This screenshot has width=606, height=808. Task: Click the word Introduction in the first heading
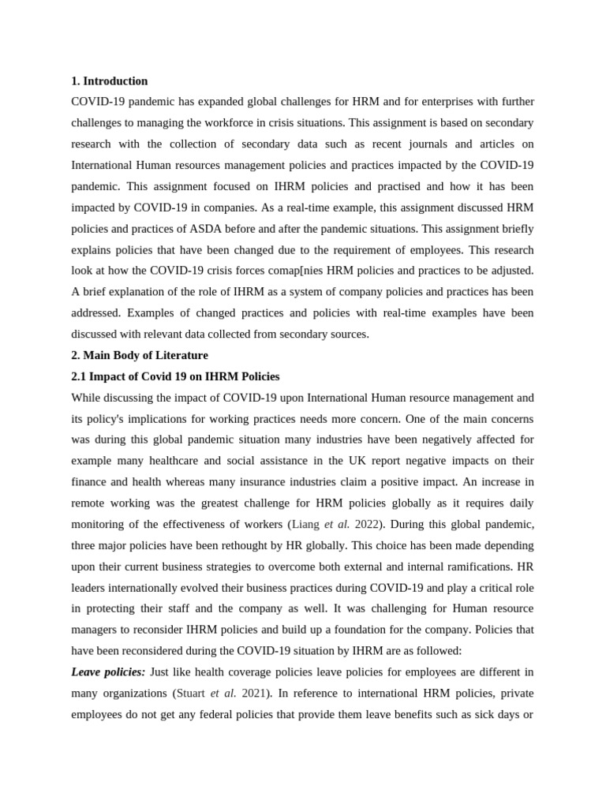click(x=115, y=81)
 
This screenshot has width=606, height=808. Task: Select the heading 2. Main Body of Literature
click(x=140, y=355)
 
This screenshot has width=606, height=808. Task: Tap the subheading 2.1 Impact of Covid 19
click(x=175, y=376)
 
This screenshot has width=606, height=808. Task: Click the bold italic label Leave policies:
click(x=108, y=671)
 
